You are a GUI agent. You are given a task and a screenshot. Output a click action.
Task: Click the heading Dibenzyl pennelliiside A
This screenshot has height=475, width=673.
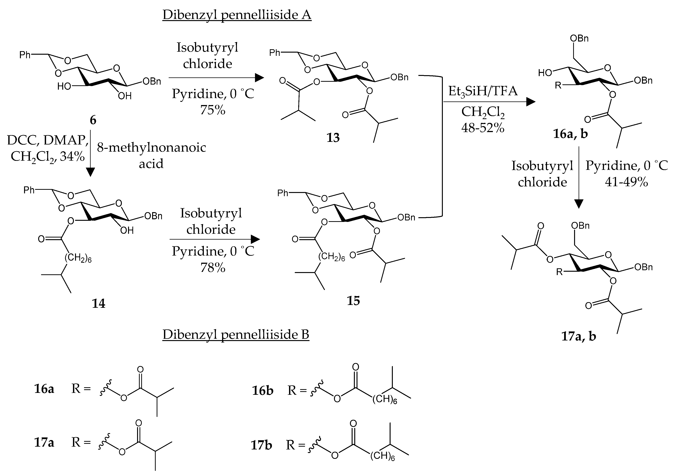[x=237, y=15]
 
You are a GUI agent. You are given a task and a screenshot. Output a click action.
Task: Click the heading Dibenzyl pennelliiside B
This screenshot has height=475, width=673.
[x=236, y=334]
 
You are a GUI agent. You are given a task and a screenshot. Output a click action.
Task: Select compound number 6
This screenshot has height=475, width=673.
[x=93, y=120]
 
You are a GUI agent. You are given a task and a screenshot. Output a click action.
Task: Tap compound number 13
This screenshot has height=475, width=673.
[x=333, y=138]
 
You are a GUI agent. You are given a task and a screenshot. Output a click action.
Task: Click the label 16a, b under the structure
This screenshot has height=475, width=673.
[x=570, y=134]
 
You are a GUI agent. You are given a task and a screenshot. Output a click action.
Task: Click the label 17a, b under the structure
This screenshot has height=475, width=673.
[x=579, y=336]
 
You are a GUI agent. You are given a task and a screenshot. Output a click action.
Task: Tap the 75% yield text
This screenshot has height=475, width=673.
[x=213, y=110]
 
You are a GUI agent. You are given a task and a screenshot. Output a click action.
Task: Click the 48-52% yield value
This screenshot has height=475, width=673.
[x=483, y=128]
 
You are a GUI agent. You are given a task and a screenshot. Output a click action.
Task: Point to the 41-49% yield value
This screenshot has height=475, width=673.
[x=626, y=182]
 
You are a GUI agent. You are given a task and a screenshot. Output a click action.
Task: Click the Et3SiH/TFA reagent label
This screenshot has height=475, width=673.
[x=483, y=91]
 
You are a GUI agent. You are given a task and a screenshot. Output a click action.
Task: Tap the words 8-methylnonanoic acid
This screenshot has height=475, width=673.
[x=151, y=155]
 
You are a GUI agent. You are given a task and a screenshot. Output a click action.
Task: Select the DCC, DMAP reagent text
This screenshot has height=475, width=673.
[x=48, y=141]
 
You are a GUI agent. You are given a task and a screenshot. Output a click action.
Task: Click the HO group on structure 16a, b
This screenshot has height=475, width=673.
[x=545, y=73]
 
